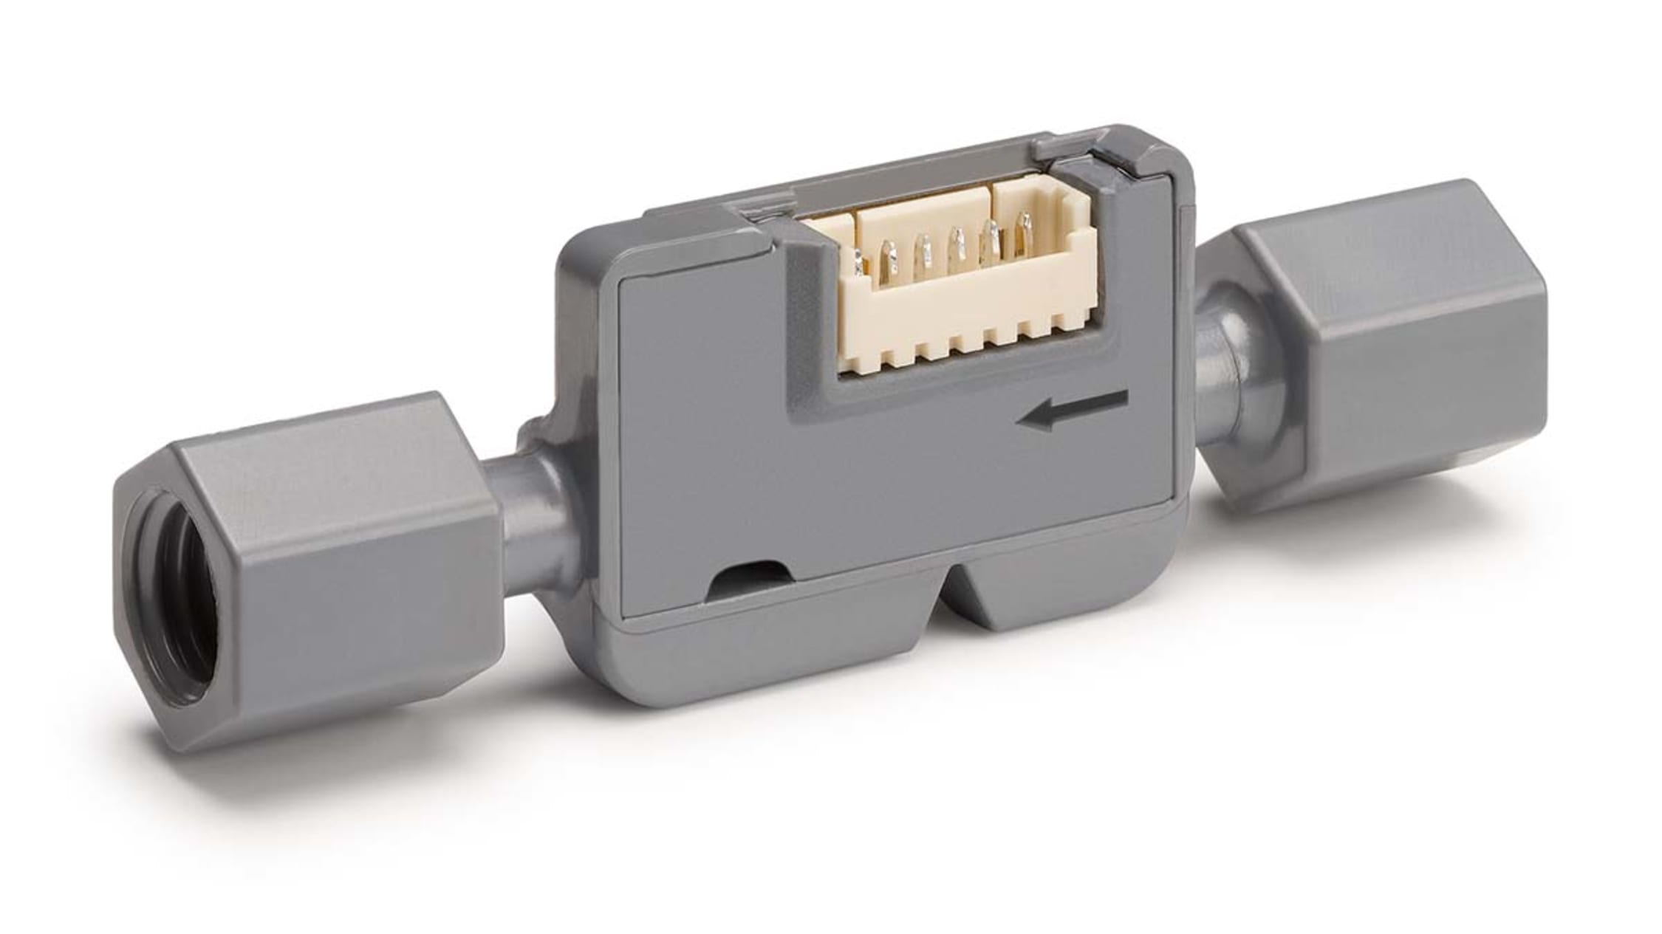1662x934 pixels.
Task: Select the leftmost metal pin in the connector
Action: [x=858, y=262]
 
